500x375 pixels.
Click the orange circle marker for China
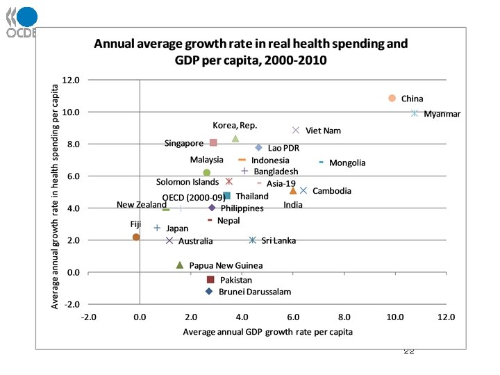click(392, 99)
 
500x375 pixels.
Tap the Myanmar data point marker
click(415, 113)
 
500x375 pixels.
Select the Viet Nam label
click(323, 131)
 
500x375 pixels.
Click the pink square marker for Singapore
click(213, 142)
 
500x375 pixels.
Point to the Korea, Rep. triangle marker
click(235, 139)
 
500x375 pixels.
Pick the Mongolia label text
click(347, 163)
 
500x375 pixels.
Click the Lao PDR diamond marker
click(258, 148)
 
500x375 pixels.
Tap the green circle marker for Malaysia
click(206, 172)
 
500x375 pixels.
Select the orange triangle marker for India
click(293, 190)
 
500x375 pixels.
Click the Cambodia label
click(332, 191)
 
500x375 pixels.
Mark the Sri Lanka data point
click(253, 240)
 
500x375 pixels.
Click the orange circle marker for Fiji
click(136, 237)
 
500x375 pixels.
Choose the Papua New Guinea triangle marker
click(180, 265)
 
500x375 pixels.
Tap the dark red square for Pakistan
click(210, 280)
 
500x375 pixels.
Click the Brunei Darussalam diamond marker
click(209, 291)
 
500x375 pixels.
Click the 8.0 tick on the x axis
click(344, 317)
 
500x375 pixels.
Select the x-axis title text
click(267, 332)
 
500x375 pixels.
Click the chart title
click(251, 51)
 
